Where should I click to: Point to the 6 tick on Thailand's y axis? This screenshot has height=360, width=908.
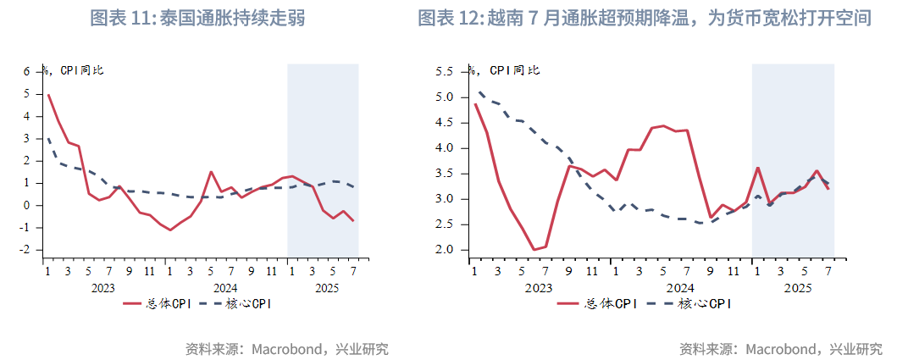[x=27, y=71]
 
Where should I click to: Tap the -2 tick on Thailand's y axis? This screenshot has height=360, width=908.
[x=25, y=250]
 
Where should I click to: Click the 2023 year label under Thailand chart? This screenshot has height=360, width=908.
[x=103, y=288]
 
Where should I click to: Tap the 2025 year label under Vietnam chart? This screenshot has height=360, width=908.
[x=798, y=288]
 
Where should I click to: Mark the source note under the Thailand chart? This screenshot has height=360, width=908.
[x=286, y=348]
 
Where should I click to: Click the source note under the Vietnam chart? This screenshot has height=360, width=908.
[x=780, y=348]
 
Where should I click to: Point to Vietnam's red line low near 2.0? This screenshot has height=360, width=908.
[x=534, y=250]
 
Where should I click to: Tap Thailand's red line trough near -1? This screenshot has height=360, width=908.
[x=170, y=230]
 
